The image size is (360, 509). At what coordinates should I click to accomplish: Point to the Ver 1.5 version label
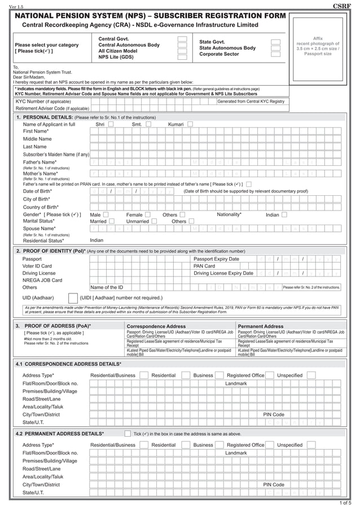pos(16,6)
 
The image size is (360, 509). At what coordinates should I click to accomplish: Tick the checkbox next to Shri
pos(111,124)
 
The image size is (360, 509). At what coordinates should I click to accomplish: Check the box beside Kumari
pos(190,124)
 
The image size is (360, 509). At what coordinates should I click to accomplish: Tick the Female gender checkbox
pos(148,215)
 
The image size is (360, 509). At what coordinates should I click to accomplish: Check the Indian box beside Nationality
pos(284,215)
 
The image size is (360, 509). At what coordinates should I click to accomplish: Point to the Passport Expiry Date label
pos(216,259)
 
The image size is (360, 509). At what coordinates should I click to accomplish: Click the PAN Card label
pos(204,266)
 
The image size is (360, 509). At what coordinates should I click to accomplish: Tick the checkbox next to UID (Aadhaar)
pos(73,298)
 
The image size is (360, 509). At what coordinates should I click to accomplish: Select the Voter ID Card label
pos(37,266)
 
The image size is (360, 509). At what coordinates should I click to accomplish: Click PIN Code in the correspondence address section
pos(274,415)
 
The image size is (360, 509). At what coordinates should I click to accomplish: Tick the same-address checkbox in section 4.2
pos(128,434)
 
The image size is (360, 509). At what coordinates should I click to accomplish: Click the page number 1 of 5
pos(345,503)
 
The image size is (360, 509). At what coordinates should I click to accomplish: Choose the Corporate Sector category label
pos(219,54)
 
